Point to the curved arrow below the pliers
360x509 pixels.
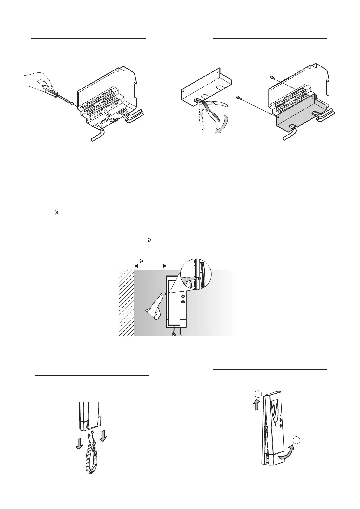222,127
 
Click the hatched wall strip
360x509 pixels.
126,302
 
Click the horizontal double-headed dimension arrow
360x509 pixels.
150,266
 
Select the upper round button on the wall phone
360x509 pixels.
183,295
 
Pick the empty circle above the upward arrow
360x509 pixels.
258,394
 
